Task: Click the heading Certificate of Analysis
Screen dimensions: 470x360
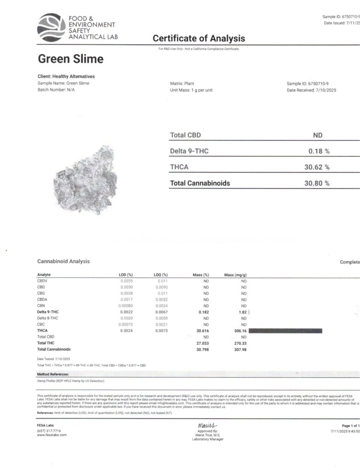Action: [x=199, y=39]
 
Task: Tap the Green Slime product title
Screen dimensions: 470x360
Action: [x=70, y=59]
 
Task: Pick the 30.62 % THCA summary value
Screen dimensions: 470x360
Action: [x=317, y=167]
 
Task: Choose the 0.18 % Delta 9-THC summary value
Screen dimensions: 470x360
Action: [x=319, y=151]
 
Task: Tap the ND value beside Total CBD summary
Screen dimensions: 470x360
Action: [x=317, y=135]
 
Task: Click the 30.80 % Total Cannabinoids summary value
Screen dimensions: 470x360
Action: [x=317, y=183]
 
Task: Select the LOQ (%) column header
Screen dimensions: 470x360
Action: [x=161, y=274]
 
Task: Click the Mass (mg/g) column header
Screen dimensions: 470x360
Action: [x=236, y=274]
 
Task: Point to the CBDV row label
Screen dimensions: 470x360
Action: [x=43, y=280]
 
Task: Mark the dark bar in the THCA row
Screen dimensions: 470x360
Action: [x=285, y=330]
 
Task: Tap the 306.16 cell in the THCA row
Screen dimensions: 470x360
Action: [x=240, y=330]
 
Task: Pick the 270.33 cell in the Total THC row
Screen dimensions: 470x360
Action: [x=240, y=343]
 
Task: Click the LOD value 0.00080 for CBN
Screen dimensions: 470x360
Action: [x=125, y=306]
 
